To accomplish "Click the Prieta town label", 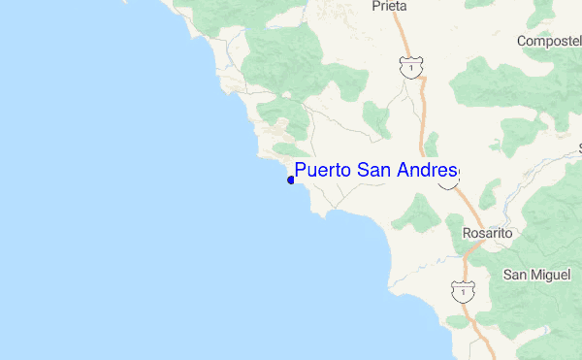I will click(x=389, y=6).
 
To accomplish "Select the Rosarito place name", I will click(x=487, y=234).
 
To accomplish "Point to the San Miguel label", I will click(x=535, y=275).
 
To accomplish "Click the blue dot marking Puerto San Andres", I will click(x=291, y=180).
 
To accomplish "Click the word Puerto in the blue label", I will click(x=323, y=172).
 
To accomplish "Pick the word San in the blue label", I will click(x=373, y=171).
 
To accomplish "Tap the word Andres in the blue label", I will click(x=427, y=171).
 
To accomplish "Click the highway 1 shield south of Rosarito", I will click(x=464, y=289).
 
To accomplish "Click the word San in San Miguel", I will click(x=513, y=275).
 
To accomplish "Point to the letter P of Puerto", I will click(x=302, y=171).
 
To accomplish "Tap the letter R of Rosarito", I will click(x=467, y=234).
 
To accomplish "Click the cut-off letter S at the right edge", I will click(x=579, y=148).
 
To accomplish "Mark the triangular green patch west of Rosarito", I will click(x=420, y=213).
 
